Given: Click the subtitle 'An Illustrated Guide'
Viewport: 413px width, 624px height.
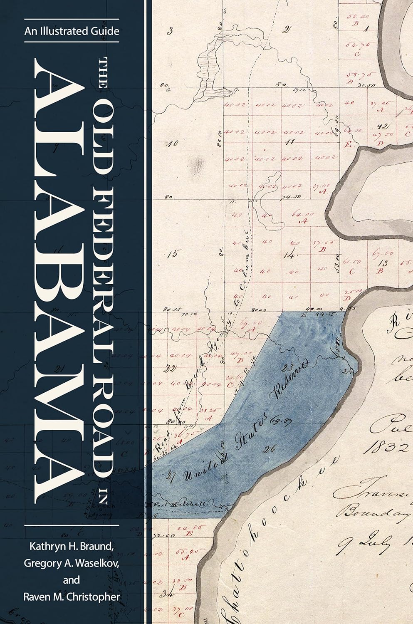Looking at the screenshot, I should [x=72, y=31].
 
